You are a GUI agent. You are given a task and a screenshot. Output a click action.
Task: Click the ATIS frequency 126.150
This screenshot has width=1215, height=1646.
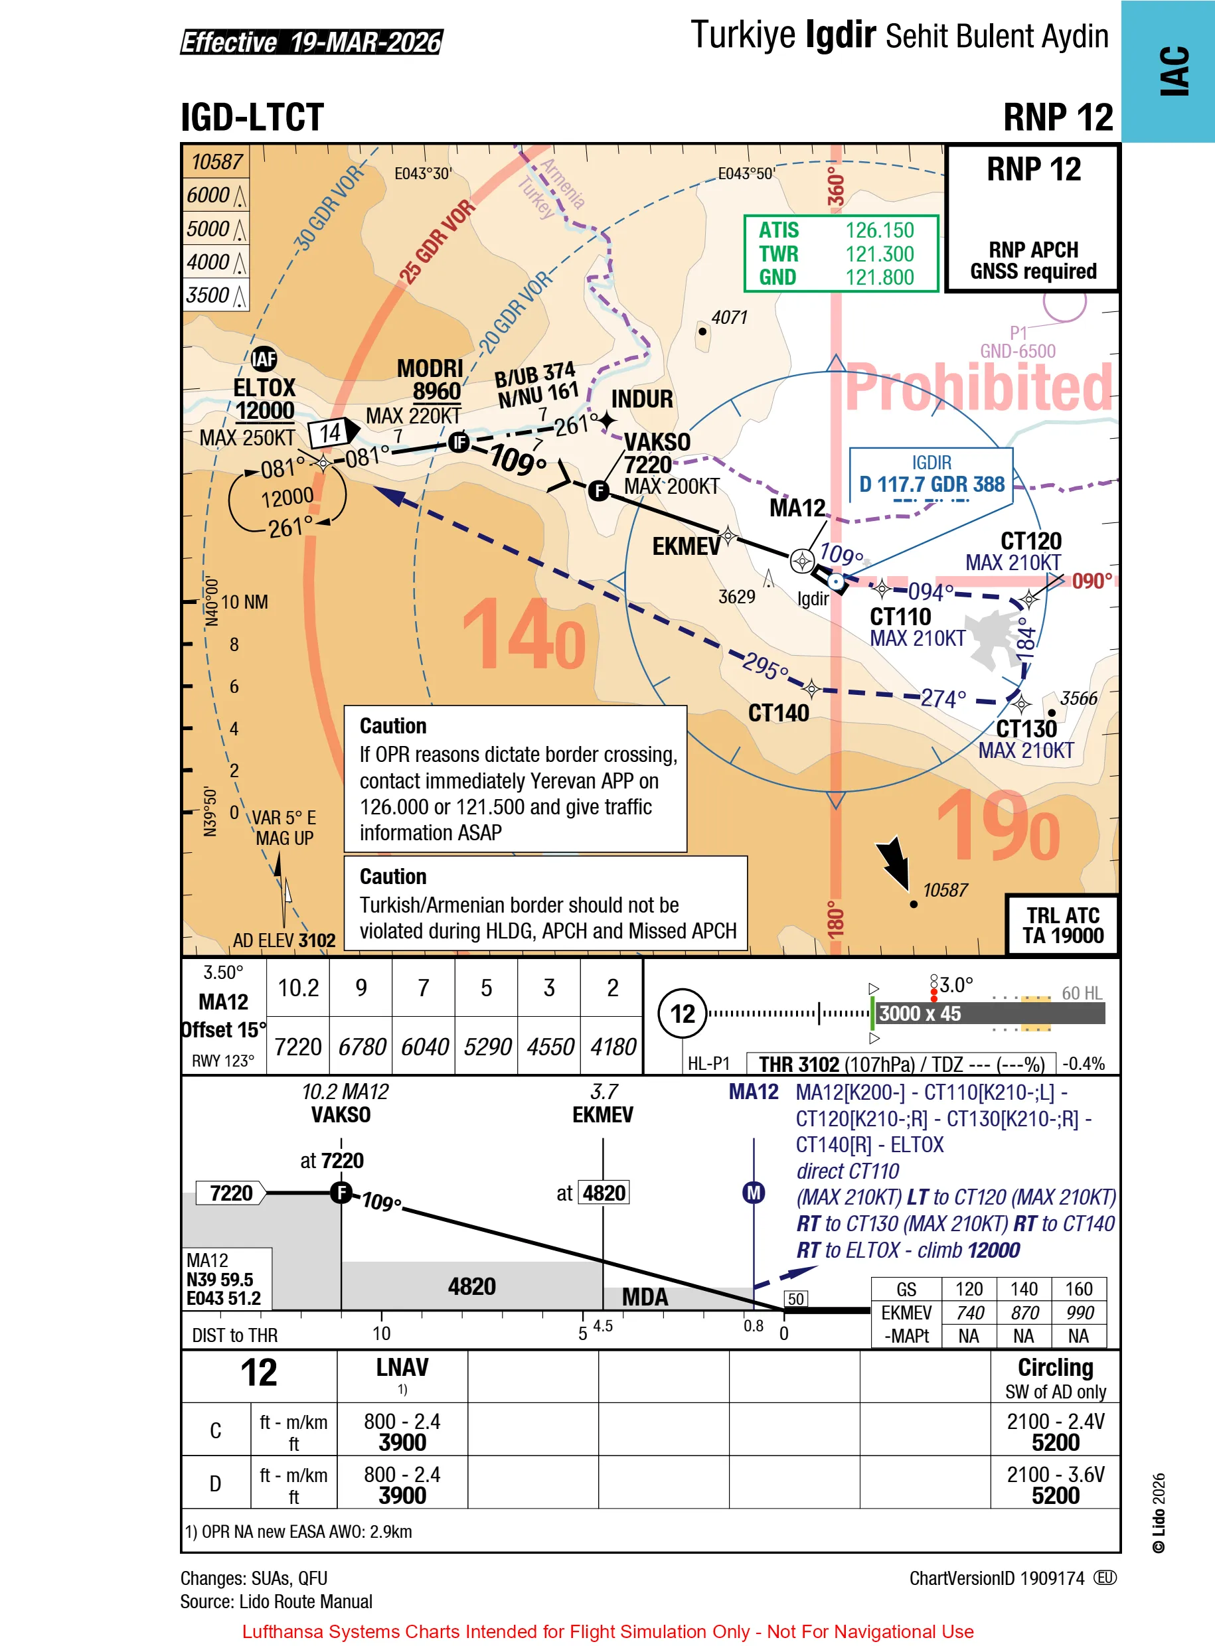point(879,230)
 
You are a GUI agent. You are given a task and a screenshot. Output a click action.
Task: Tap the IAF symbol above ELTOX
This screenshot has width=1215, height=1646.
point(264,359)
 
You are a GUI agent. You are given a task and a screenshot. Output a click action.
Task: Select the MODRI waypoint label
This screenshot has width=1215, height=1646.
point(430,368)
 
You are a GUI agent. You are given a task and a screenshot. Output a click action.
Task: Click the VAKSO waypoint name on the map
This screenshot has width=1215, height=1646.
point(657,442)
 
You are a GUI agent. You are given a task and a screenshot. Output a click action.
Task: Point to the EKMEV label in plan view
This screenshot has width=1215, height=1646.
point(685,546)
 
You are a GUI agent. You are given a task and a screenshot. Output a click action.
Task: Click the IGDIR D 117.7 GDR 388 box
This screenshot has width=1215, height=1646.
point(931,475)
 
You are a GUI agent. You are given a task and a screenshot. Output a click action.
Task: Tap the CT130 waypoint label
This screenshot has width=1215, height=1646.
point(1026,729)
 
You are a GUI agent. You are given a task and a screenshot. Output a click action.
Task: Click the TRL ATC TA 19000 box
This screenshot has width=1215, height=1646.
point(1062,925)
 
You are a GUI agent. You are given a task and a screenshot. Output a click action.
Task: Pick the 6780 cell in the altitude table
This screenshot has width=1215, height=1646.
point(361,1046)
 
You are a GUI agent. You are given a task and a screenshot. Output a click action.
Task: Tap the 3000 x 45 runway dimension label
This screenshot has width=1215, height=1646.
point(920,1013)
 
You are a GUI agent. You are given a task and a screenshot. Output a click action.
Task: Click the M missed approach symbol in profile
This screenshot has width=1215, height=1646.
point(753,1193)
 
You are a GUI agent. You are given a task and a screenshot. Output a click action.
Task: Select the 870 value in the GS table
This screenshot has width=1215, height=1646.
point(1024,1313)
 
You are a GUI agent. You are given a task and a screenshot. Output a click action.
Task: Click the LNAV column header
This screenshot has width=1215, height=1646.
point(402,1367)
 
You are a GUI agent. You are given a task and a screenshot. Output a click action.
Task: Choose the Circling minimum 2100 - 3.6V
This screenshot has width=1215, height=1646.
point(1055,1475)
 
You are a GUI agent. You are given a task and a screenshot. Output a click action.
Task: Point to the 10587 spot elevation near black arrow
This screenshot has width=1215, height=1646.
point(944,890)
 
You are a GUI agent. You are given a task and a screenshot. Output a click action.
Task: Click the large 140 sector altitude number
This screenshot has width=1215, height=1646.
point(524,634)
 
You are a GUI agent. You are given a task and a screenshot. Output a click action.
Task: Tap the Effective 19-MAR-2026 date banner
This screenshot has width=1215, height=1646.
point(311,42)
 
